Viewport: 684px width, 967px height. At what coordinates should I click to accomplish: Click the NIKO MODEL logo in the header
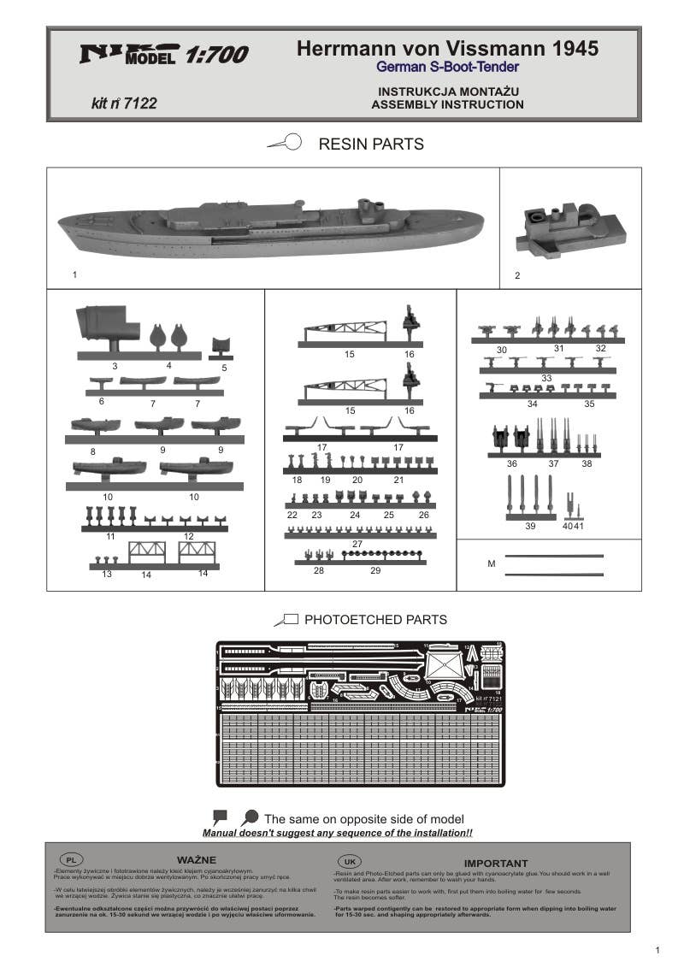click(x=128, y=55)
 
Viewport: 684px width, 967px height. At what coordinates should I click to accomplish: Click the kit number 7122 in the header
click(x=123, y=103)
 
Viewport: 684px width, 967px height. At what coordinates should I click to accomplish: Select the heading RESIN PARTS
click(x=370, y=144)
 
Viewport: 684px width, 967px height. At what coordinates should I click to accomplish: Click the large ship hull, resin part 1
click(x=269, y=229)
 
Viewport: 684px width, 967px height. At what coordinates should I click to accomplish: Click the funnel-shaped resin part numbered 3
click(x=108, y=326)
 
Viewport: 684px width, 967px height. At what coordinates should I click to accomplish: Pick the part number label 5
click(x=224, y=368)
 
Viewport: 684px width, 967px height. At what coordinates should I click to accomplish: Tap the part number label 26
click(x=423, y=515)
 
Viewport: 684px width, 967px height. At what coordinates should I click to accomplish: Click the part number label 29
click(x=375, y=570)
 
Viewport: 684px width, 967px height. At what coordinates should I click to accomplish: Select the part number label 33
click(x=546, y=378)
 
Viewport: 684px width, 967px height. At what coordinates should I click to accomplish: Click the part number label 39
click(x=530, y=526)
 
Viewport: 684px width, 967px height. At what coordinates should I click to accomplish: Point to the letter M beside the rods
click(x=492, y=563)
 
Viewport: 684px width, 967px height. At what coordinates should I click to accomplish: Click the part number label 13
click(x=107, y=574)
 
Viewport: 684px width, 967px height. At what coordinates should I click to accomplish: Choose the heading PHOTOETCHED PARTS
click(x=375, y=620)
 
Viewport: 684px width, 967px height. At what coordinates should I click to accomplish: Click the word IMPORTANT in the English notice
click(x=496, y=864)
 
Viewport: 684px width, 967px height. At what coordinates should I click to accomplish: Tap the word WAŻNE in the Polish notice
click(x=197, y=859)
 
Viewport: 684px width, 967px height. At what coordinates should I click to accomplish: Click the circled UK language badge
click(x=349, y=860)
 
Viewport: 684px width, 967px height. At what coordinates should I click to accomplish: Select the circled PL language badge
click(x=71, y=859)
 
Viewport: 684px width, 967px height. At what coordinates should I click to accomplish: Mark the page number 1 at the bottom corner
click(x=657, y=950)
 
